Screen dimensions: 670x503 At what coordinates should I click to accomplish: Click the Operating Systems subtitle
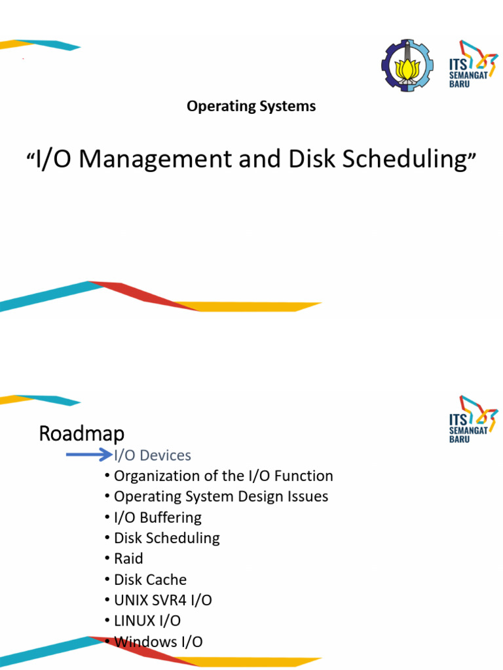(x=251, y=106)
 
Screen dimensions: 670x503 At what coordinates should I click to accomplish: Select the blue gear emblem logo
(x=407, y=66)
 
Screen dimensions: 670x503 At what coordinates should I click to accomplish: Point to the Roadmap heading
(x=81, y=433)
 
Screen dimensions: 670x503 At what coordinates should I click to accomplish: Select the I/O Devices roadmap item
(x=152, y=455)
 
